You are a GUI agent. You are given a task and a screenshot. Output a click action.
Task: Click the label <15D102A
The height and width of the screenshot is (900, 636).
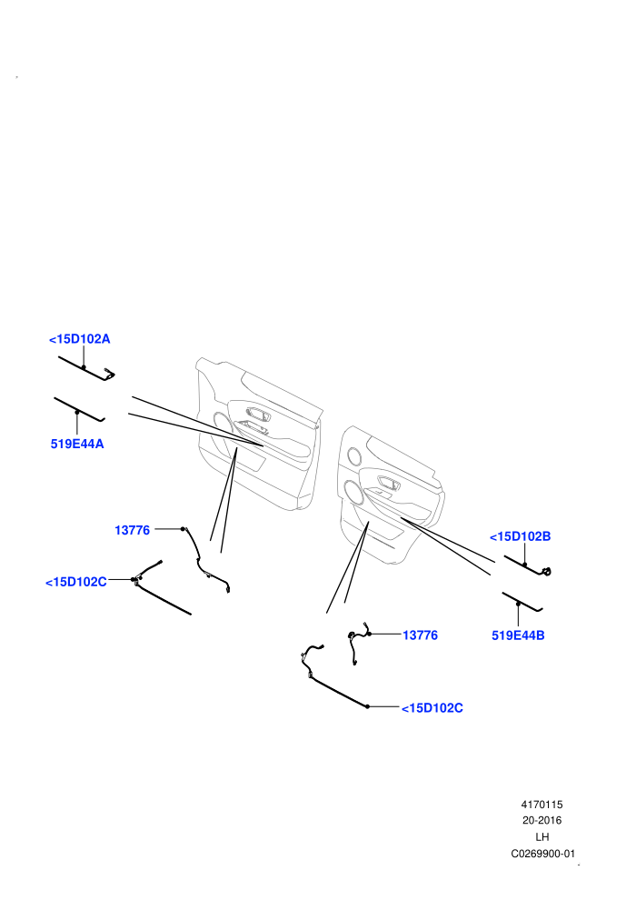80,339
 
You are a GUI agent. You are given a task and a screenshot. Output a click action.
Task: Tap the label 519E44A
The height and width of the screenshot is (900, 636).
77,444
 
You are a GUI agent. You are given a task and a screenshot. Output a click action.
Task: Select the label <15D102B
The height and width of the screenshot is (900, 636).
520,536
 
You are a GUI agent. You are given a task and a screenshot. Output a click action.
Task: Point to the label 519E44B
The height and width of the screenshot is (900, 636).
518,635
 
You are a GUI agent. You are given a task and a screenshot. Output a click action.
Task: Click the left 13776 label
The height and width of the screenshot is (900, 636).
132,530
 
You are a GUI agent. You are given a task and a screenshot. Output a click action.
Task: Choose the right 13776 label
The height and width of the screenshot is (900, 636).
420,635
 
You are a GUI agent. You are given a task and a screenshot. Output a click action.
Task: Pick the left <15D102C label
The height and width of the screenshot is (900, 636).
76,582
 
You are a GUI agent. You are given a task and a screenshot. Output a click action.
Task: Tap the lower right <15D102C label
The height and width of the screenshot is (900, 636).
432,708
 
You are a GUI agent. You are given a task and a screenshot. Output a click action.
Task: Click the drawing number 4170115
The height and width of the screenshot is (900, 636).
542,805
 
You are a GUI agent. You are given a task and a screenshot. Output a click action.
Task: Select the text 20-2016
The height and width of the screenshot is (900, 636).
542,820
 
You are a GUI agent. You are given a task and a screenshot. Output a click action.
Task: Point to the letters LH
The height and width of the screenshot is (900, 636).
542,837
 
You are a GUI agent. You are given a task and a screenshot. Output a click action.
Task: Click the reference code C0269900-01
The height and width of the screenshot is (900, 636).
542,854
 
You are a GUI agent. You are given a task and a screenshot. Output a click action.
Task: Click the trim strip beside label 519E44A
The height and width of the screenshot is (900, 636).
79,409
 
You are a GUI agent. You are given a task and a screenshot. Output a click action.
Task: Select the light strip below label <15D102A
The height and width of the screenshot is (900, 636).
86,368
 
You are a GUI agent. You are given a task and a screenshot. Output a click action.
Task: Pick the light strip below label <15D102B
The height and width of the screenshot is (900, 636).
527,565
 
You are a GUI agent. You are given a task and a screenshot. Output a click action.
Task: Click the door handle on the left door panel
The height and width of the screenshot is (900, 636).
257,414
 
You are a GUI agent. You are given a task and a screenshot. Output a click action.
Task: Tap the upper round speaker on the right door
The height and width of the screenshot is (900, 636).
353,456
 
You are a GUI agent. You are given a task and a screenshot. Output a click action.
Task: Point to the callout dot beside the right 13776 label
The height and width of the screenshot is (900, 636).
369,635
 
